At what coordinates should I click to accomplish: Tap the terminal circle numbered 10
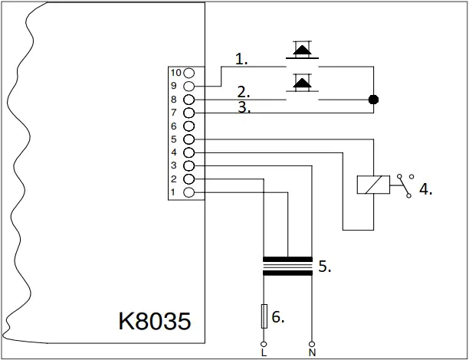(x=189, y=73)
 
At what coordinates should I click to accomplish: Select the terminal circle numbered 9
(x=189, y=87)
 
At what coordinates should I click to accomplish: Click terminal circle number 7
(x=189, y=113)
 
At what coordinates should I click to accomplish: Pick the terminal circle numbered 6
(x=189, y=126)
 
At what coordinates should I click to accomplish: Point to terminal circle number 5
(x=189, y=139)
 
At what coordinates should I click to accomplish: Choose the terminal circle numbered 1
(x=189, y=191)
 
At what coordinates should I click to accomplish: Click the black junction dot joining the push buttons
(x=374, y=100)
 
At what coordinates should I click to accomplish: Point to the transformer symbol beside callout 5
(x=287, y=266)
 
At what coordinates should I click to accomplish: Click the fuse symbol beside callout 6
(x=264, y=316)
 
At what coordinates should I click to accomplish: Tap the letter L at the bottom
(x=264, y=353)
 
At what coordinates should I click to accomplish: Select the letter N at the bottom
(x=313, y=353)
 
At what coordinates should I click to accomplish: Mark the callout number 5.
(x=324, y=267)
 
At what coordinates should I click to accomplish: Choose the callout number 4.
(x=425, y=189)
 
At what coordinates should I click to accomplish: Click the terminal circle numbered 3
(x=189, y=165)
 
